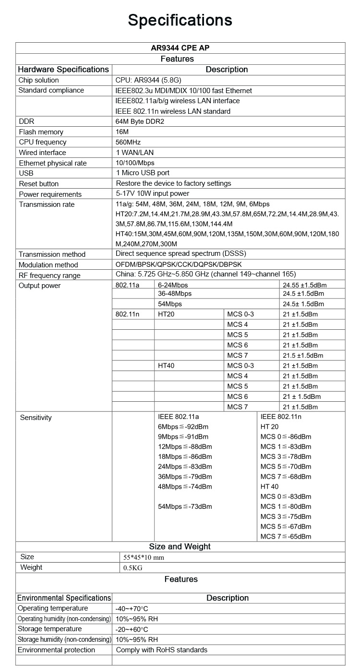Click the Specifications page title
point(180,20)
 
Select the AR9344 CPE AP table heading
point(180,48)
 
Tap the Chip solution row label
point(38,80)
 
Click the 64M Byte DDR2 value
point(140,121)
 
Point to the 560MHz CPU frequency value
point(128,142)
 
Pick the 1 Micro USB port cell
point(143,173)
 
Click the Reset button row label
point(39,183)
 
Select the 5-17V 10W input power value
point(153,193)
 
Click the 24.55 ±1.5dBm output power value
point(303,285)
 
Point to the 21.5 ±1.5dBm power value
point(303,356)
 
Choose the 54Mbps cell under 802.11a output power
point(170,304)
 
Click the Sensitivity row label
point(36,418)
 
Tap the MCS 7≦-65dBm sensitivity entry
point(286,536)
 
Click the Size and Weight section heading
point(180,546)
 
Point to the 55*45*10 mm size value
point(144,557)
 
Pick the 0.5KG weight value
point(133,568)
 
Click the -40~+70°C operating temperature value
point(132,609)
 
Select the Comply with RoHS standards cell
point(162,650)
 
